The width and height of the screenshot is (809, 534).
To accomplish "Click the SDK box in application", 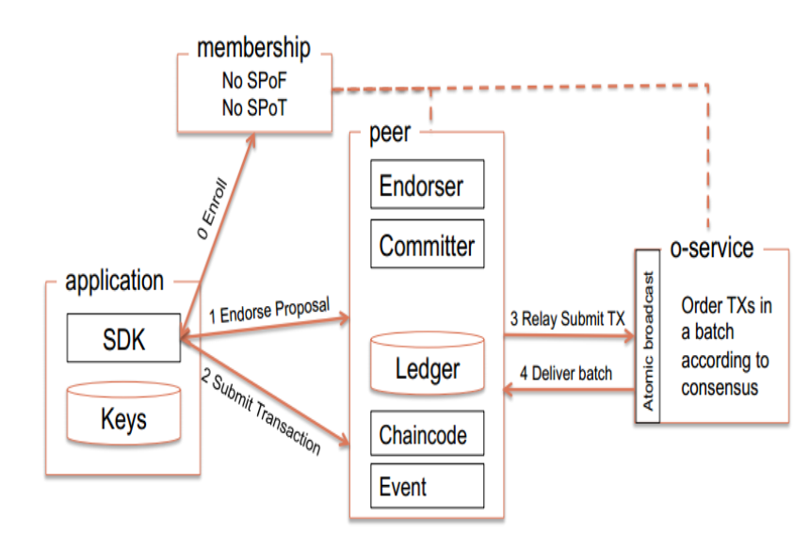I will pos(124,338).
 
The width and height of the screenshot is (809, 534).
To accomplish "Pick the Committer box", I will pos(427,246).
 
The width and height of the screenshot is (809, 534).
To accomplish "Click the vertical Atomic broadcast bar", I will pos(649,334).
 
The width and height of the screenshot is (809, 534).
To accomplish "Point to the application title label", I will pos(115,280).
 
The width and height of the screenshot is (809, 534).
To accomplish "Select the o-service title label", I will pos(712,248).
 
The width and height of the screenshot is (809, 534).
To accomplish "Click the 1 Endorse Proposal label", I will pos(267,314).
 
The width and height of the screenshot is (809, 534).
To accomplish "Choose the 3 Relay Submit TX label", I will pos(568,318).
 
